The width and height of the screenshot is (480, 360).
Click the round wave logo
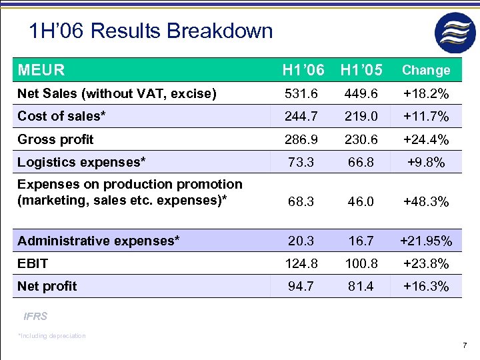tap(455, 33)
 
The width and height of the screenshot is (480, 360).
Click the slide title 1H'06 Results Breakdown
tap(151, 31)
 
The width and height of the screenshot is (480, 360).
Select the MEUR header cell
tap(41, 70)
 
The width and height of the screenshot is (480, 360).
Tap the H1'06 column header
tap(303, 70)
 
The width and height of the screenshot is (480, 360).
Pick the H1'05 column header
tap(361, 70)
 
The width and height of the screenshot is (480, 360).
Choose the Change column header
tap(426, 70)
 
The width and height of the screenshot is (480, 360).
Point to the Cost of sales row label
tap(61, 116)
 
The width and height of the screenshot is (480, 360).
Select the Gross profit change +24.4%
tap(426, 140)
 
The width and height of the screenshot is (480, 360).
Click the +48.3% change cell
tap(426, 201)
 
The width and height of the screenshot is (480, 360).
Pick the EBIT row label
tap(33, 263)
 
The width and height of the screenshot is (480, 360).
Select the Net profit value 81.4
tap(361, 287)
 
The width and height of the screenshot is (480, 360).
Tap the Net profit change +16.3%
tap(426, 287)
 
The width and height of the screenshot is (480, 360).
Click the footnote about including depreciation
tap(52, 336)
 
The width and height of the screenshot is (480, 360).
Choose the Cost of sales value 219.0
tap(361, 117)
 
